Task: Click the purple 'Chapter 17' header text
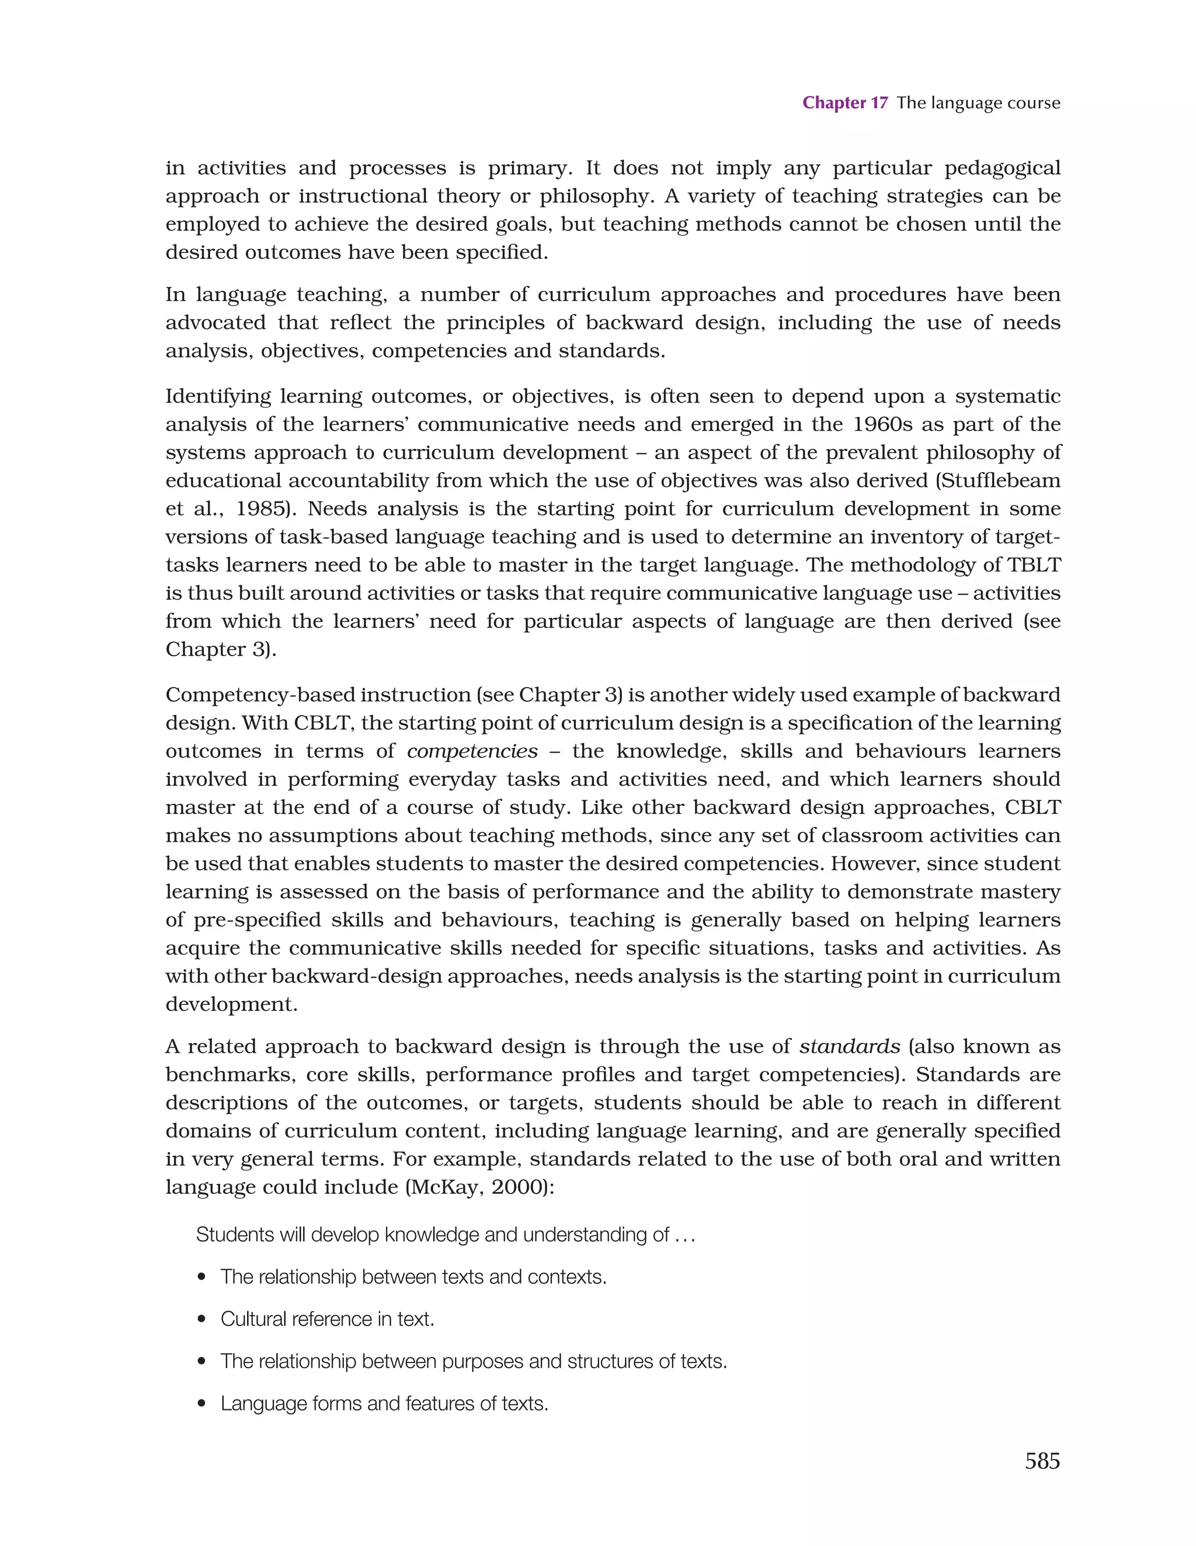tap(844, 103)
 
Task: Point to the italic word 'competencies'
tap(472, 751)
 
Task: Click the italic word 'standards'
tap(849, 1046)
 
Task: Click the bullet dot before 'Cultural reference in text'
tap(203, 1319)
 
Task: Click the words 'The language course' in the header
tap(978, 103)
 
